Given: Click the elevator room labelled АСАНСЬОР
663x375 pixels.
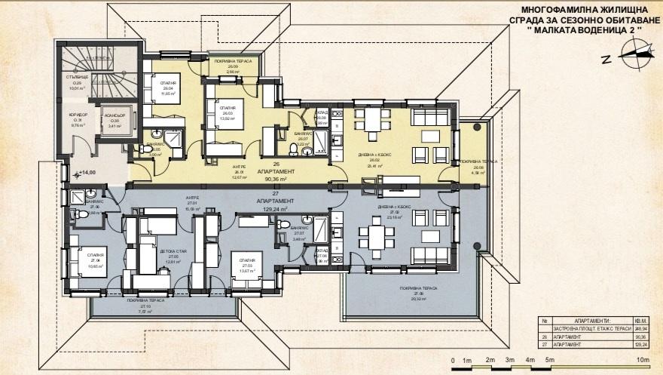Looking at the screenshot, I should (115, 122).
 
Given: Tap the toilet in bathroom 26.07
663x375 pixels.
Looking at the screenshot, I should (306, 152).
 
